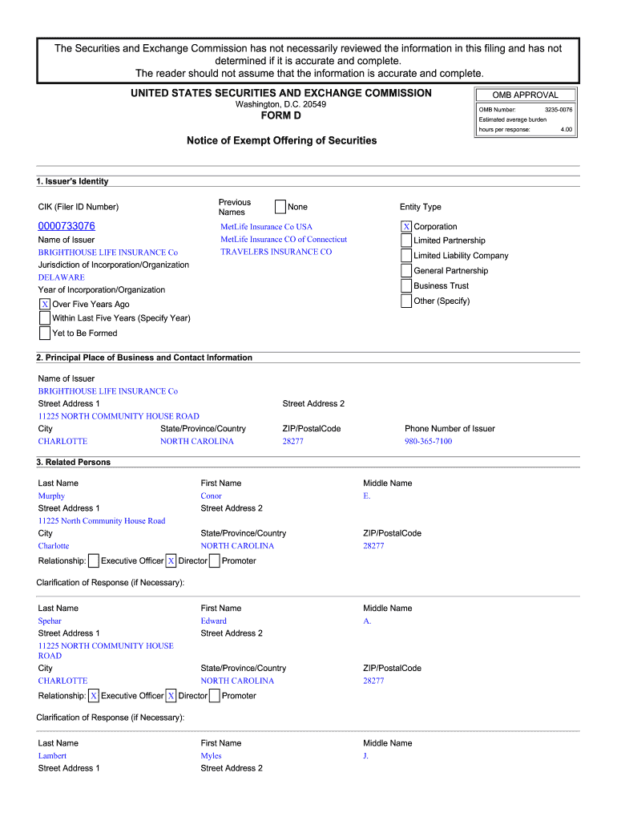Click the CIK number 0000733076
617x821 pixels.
(67, 226)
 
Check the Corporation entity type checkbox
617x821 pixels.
(406, 227)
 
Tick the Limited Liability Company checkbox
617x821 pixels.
(406, 256)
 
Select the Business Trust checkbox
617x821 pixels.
(406, 286)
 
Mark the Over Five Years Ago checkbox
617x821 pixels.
(45, 305)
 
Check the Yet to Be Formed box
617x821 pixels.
(45, 334)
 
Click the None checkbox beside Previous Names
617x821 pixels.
(280, 207)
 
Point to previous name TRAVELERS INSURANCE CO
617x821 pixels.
(276, 252)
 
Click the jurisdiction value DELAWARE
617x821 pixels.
(61, 277)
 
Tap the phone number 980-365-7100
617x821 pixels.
(428, 441)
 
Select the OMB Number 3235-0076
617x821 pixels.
(559, 110)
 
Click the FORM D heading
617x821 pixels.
(281, 116)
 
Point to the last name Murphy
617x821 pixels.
(51, 495)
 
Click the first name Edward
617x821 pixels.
(213, 621)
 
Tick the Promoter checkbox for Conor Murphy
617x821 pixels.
(214, 561)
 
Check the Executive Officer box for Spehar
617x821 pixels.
(94, 696)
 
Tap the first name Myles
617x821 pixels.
(211, 755)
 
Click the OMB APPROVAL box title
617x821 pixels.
(526, 95)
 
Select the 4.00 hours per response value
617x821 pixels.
(566, 129)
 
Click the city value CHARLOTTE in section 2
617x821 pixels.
(63, 441)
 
